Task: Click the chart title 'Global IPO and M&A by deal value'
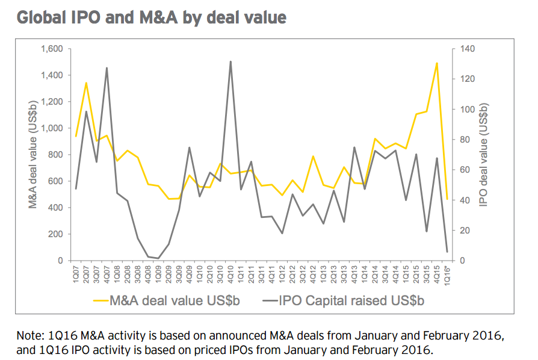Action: (152, 17)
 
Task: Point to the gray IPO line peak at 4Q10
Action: (230, 61)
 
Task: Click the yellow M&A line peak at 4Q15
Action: (436, 63)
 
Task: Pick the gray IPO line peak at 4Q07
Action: (107, 68)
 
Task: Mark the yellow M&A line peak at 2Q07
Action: (86, 82)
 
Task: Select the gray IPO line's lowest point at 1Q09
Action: (158, 258)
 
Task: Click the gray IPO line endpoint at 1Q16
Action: (447, 252)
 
